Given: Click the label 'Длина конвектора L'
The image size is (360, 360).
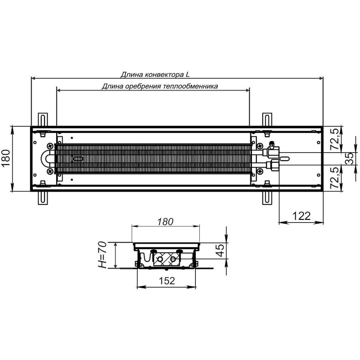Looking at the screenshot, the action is pos(155,75).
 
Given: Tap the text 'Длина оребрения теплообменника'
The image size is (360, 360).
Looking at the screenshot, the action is pos(160,86).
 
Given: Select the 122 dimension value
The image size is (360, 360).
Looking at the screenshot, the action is pos(301,216).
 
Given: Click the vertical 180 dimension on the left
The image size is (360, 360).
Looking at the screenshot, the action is pos(6,158).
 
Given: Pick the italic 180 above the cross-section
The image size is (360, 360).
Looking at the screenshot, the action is pos(165,222).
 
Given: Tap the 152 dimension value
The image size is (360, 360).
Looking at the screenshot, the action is pos(167,280).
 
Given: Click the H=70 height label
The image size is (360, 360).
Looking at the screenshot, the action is pos(102,255).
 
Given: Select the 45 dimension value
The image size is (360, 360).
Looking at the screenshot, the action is pos(220,250).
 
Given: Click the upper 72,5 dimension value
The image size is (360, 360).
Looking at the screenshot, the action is pos(336,139).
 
